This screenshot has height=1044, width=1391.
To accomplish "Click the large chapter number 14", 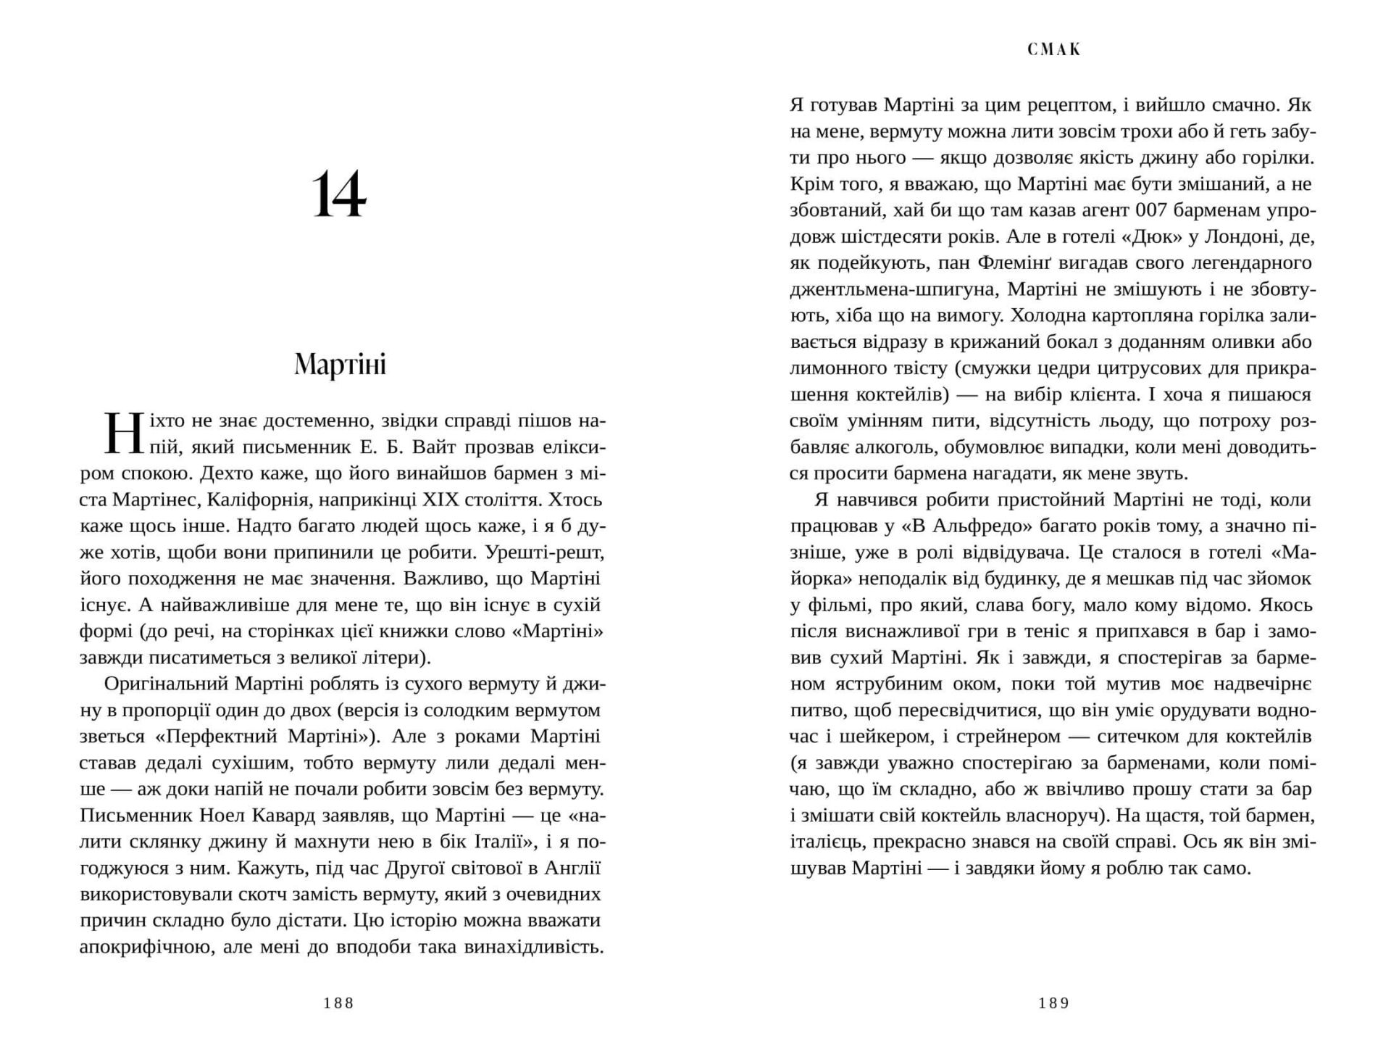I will tap(339, 194).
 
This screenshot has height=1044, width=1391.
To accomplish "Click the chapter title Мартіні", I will tap(340, 364).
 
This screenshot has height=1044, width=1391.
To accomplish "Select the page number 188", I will tap(339, 1003).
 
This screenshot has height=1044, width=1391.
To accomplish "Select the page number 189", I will tap(1054, 1003).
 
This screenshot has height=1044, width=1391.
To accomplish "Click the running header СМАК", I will tap(1054, 49).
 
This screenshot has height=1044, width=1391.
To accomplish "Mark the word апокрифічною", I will tap(144, 947).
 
